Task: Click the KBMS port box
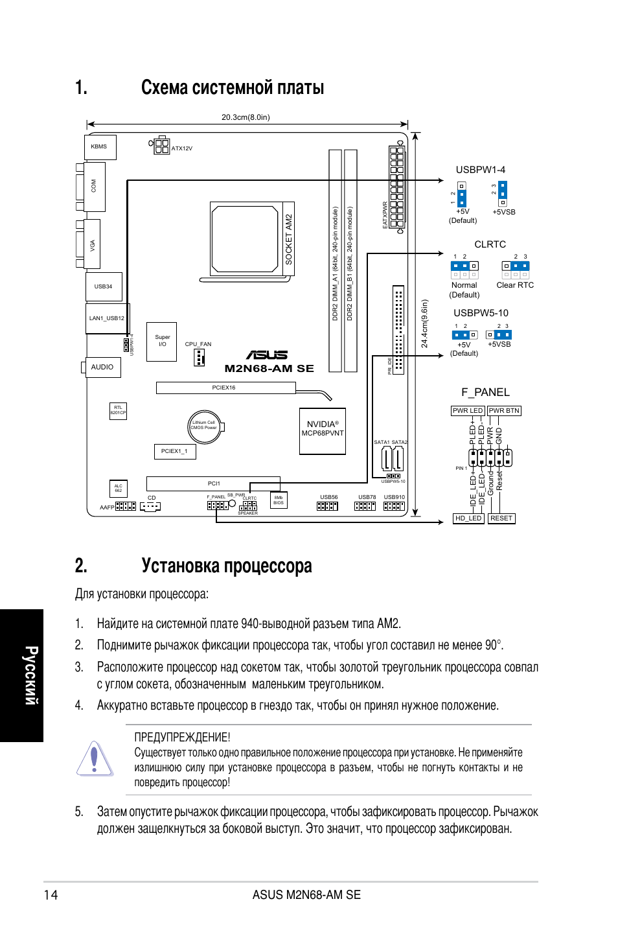(x=100, y=147)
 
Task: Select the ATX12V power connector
(x=162, y=146)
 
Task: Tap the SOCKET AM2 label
(x=289, y=239)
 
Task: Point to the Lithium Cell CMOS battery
(x=205, y=427)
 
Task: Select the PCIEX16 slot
(x=225, y=388)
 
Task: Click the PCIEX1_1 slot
(x=174, y=451)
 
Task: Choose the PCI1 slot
(x=213, y=483)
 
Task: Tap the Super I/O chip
(x=162, y=341)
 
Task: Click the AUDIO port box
(x=102, y=367)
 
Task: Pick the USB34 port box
(x=104, y=286)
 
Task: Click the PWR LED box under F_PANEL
(x=468, y=411)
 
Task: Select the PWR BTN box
(x=504, y=411)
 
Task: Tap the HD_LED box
(x=468, y=518)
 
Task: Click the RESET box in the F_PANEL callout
(x=501, y=518)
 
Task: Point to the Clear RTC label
(x=515, y=285)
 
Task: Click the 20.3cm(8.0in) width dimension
(x=246, y=117)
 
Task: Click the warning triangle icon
(x=95, y=758)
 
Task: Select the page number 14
(x=51, y=895)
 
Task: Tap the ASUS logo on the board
(x=267, y=355)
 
